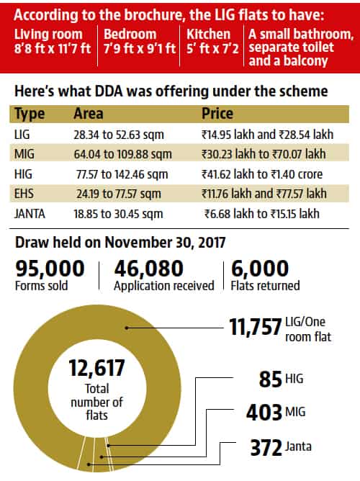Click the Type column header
click(30, 114)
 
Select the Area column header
click(89, 114)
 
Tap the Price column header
click(217, 114)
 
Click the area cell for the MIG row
click(122, 154)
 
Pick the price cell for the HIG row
click(262, 174)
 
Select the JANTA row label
click(30, 214)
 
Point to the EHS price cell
click(264, 194)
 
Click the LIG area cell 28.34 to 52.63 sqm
click(119, 135)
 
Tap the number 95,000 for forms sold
click(50, 269)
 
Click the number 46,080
click(149, 269)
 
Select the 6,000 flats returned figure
click(260, 269)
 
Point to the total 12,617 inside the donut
click(96, 368)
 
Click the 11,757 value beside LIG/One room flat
click(255, 327)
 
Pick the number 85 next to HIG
click(271, 379)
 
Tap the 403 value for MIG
click(264, 413)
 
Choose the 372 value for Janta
click(266, 448)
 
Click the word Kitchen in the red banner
click(209, 34)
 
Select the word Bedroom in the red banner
click(130, 34)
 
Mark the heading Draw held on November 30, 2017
click(120, 243)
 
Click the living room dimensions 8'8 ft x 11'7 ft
click(53, 48)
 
